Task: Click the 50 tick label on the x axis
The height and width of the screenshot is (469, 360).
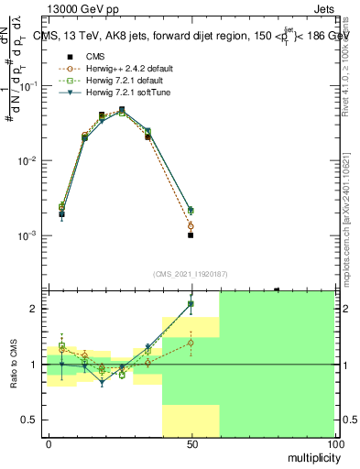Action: click(191, 443)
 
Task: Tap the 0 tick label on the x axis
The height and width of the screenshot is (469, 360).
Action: click(49, 443)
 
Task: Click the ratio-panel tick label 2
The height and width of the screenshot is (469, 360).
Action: click(36, 309)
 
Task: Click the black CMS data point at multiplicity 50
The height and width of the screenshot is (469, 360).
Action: click(191, 235)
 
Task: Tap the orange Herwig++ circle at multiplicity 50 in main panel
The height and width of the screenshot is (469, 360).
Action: click(191, 225)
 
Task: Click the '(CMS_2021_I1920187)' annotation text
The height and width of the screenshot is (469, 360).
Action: click(190, 274)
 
